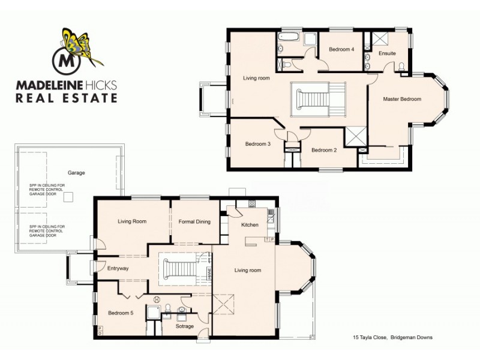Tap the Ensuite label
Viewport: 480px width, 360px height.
pos(387,53)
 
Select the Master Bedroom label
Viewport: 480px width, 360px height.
pos(402,99)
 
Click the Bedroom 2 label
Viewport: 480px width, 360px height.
pos(324,150)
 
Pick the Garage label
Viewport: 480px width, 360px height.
pos(76,173)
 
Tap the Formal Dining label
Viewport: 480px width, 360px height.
pos(194,222)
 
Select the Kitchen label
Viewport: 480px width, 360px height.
pos(250,225)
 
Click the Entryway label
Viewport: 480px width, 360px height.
pos(118,268)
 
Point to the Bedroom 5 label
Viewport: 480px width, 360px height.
pos(120,313)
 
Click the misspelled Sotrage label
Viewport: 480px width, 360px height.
pos(184,326)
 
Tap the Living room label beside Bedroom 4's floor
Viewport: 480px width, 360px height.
pos(256,78)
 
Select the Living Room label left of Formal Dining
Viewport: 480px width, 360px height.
pos(132,221)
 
